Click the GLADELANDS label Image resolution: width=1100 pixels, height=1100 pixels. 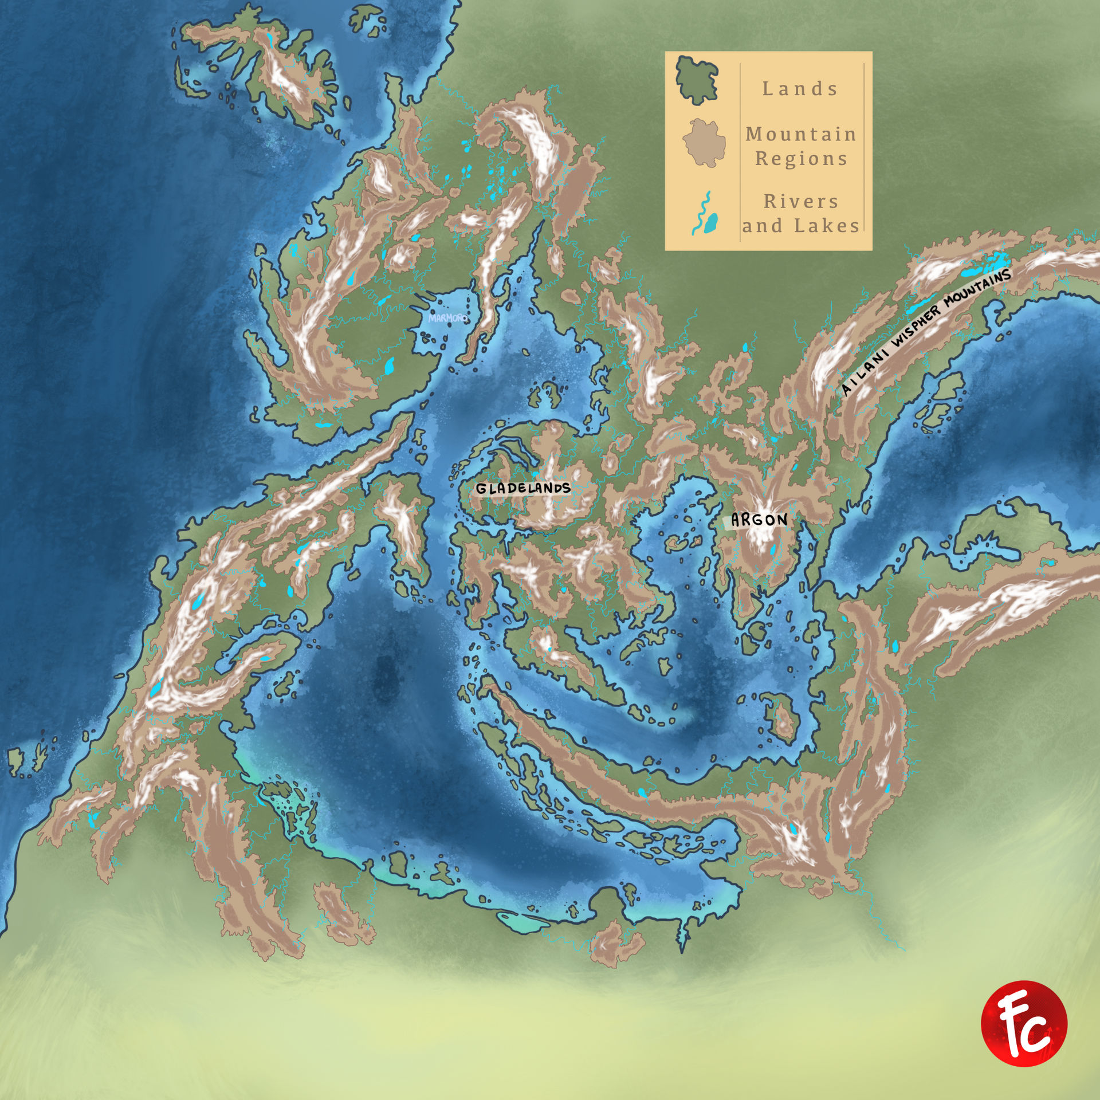pos(523,488)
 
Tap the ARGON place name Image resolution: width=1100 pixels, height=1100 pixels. pos(759,520)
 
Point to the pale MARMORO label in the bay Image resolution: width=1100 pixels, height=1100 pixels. pos(448,317)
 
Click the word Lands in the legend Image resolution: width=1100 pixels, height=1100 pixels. pos(800,89)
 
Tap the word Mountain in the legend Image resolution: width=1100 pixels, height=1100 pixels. pos(801,134)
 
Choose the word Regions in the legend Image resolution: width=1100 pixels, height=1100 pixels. pos(801,159)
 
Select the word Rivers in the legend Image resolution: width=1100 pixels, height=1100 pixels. pos(801,202)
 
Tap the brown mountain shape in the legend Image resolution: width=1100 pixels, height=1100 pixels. pos(704,142)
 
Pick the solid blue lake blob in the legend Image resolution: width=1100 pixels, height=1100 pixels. pos(712,223)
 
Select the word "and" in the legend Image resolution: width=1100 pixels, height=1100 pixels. pos(762,226)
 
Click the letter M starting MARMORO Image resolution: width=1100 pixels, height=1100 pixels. pos(432,316)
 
